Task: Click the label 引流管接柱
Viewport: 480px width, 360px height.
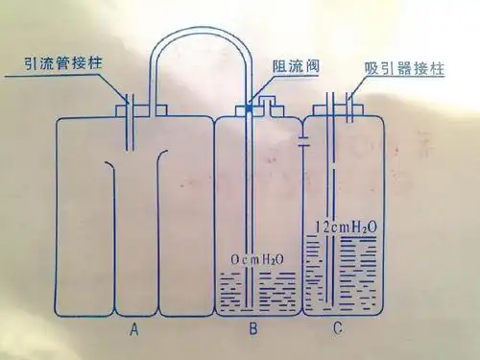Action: (x=63, y=65)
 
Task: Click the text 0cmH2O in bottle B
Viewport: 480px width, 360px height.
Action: (x=257, y=259)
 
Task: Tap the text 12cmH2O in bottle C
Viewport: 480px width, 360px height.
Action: (x=347, y=228)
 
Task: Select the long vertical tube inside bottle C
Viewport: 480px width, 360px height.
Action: (x=331, y=211)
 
